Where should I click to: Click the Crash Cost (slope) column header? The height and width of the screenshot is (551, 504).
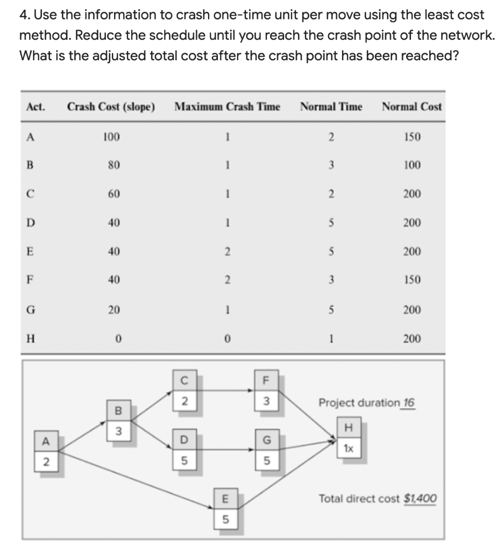pyautogui.click(x=111, y=107)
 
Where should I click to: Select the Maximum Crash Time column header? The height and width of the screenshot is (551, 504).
pyautogui.click(x=227, y=107)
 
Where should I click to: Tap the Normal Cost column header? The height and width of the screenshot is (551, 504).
pyautogui.click(x=411, y=107)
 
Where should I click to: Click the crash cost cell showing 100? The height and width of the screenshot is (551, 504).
pyautogui.click(x=111, y=137)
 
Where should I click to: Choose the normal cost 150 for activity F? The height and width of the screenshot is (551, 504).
pyautogui.click(x=413, y=280)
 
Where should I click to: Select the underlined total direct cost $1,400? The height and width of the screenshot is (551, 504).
pyautogui.click(x=420, y=499)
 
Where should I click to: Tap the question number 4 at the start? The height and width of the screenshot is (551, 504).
pyautogui.click(x=23, y=15)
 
